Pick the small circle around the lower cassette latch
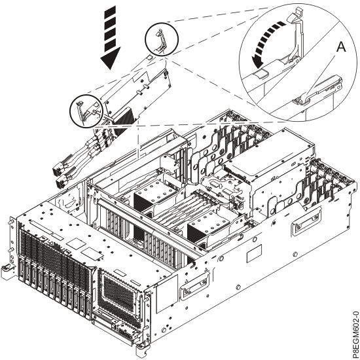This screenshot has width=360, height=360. (x=87, y=109)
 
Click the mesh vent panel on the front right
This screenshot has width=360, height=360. (x=121, y=289)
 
